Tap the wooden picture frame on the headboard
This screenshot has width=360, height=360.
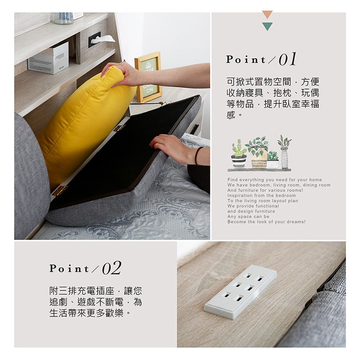tap(148, 77)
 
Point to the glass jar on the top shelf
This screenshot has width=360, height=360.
tap(63, 18)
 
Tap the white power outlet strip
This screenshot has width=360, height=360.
tap(240, 292)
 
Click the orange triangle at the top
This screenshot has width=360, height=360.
tap(267, 14)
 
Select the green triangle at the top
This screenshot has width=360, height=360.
tap(267, 27)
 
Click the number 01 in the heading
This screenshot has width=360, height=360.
tap(288, 59)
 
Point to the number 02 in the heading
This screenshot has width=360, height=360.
tap(112, 268)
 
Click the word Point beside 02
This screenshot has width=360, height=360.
tap(69, 268)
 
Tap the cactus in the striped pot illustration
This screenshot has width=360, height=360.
tap(239, 154)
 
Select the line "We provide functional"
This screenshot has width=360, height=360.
tap(253, 206)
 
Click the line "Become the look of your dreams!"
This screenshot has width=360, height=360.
tap(266, 222)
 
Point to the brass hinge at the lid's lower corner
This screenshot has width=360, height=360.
tap(60, 190)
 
